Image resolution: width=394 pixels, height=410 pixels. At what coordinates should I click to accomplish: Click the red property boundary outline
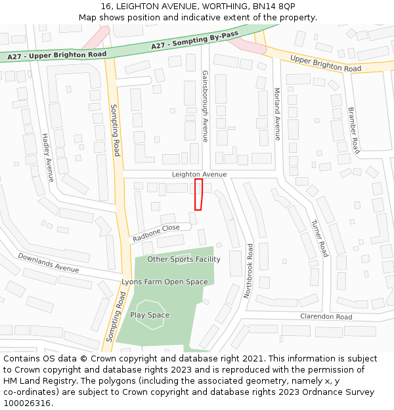(x=198, y=194)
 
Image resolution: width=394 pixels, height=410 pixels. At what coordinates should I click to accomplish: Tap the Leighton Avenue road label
(x=199, y=174)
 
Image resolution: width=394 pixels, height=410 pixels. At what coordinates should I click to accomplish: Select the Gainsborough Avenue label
(x=205, y=106)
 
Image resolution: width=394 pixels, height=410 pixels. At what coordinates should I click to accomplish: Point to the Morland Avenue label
(x=277, y=114)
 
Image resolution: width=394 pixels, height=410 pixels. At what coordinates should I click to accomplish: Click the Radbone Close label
(x=156, y=232)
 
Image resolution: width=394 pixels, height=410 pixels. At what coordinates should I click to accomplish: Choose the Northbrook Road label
(x=248, y=271)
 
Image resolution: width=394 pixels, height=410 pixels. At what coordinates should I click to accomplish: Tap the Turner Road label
(x=319, y=237)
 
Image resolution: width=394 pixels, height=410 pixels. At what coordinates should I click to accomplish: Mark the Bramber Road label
(x=353, y=131)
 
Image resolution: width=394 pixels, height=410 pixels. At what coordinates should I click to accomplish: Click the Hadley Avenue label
(x=47, y=157)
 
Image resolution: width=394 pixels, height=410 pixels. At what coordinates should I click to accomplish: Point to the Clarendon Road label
(x=326, y=317)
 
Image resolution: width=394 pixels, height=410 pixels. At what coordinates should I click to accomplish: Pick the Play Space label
(x=150, y=315)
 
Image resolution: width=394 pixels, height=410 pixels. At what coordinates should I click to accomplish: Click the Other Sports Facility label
(x=184, y=259)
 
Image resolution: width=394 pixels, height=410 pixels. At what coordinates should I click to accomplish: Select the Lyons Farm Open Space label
(x=164, y=282)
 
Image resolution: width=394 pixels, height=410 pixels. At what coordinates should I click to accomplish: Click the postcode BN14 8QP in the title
(x=277, y=6)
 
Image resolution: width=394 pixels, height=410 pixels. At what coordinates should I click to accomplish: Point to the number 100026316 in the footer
(x=26, y=403)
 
